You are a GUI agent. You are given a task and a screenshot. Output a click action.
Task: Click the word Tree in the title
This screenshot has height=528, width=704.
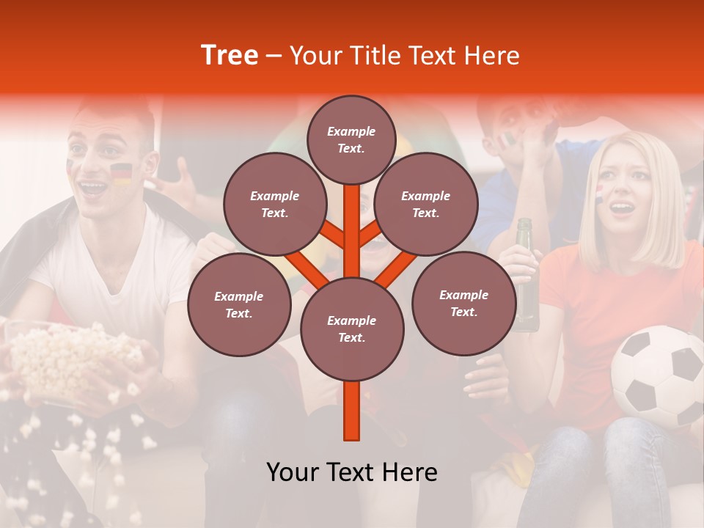click(x=230, y=56)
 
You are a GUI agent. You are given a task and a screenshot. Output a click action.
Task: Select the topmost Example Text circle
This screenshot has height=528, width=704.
click(x=351, y=139)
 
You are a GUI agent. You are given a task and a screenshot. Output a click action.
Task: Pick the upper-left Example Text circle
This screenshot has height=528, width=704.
click(x=274, y=205)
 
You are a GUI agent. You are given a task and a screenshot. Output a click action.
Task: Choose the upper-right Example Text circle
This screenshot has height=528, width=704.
click(x=426, y=205)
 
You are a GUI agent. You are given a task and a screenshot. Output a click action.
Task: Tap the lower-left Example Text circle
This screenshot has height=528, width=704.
click(x=239, y=305)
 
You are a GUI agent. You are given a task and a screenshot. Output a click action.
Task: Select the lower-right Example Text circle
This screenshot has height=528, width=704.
click(x=463, y=304)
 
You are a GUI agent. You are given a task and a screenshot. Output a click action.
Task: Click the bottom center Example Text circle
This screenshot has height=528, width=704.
click(x=352, y=329)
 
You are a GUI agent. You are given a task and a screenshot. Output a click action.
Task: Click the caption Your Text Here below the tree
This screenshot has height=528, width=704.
click(x=352, y=472)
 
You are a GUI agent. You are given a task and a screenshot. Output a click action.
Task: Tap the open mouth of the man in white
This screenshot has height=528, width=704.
click(x=94, y=188)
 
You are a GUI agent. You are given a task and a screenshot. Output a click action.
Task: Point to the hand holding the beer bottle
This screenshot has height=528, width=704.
click(x=517, y=260)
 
